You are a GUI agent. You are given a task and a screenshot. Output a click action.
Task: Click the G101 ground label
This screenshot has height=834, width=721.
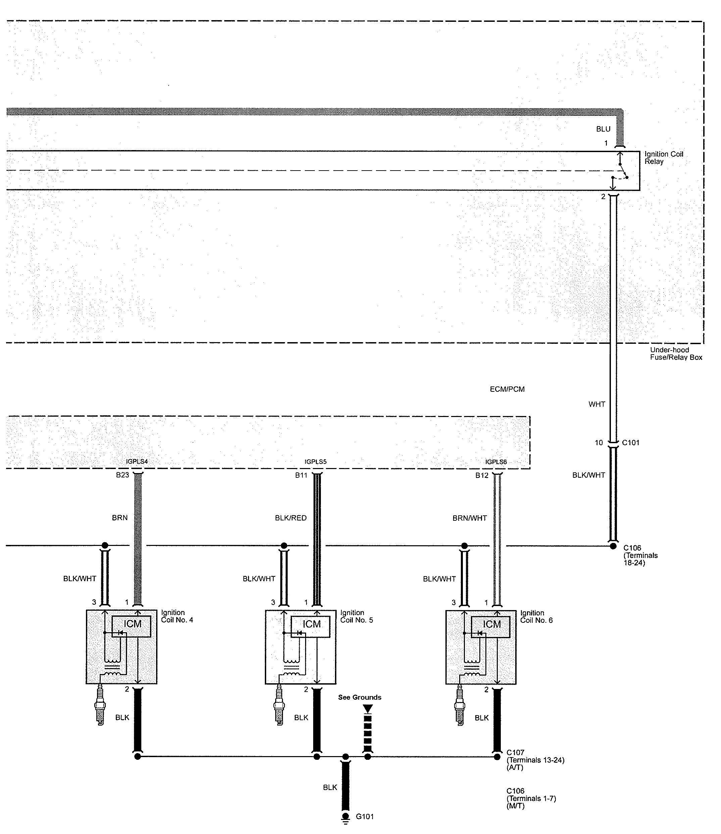[365, 817]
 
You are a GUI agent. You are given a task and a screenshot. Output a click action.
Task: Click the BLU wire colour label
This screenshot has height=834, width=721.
[603, 129]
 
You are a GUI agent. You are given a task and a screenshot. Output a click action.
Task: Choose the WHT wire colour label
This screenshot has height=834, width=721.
[597, 404]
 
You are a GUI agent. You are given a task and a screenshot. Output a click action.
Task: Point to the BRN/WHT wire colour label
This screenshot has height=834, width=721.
[470, 518]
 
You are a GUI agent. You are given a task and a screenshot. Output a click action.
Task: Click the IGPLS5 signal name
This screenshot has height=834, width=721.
[316, 462]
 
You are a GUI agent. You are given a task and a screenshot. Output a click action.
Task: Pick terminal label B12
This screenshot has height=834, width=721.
[482, 475]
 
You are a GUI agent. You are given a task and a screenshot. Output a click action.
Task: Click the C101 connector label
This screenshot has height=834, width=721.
[630, 443]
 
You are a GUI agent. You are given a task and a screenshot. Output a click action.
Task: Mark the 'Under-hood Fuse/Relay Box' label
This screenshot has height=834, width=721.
[676, 354]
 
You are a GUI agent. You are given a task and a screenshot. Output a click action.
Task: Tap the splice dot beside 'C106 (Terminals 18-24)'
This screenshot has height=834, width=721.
[613, 546]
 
